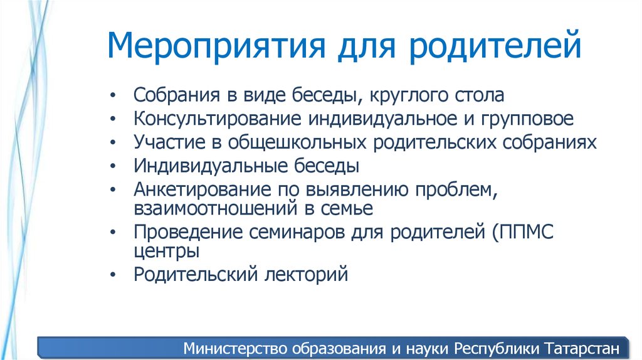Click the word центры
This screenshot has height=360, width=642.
(167, 251)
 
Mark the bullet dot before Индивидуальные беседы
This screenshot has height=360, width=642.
(112, 167)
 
